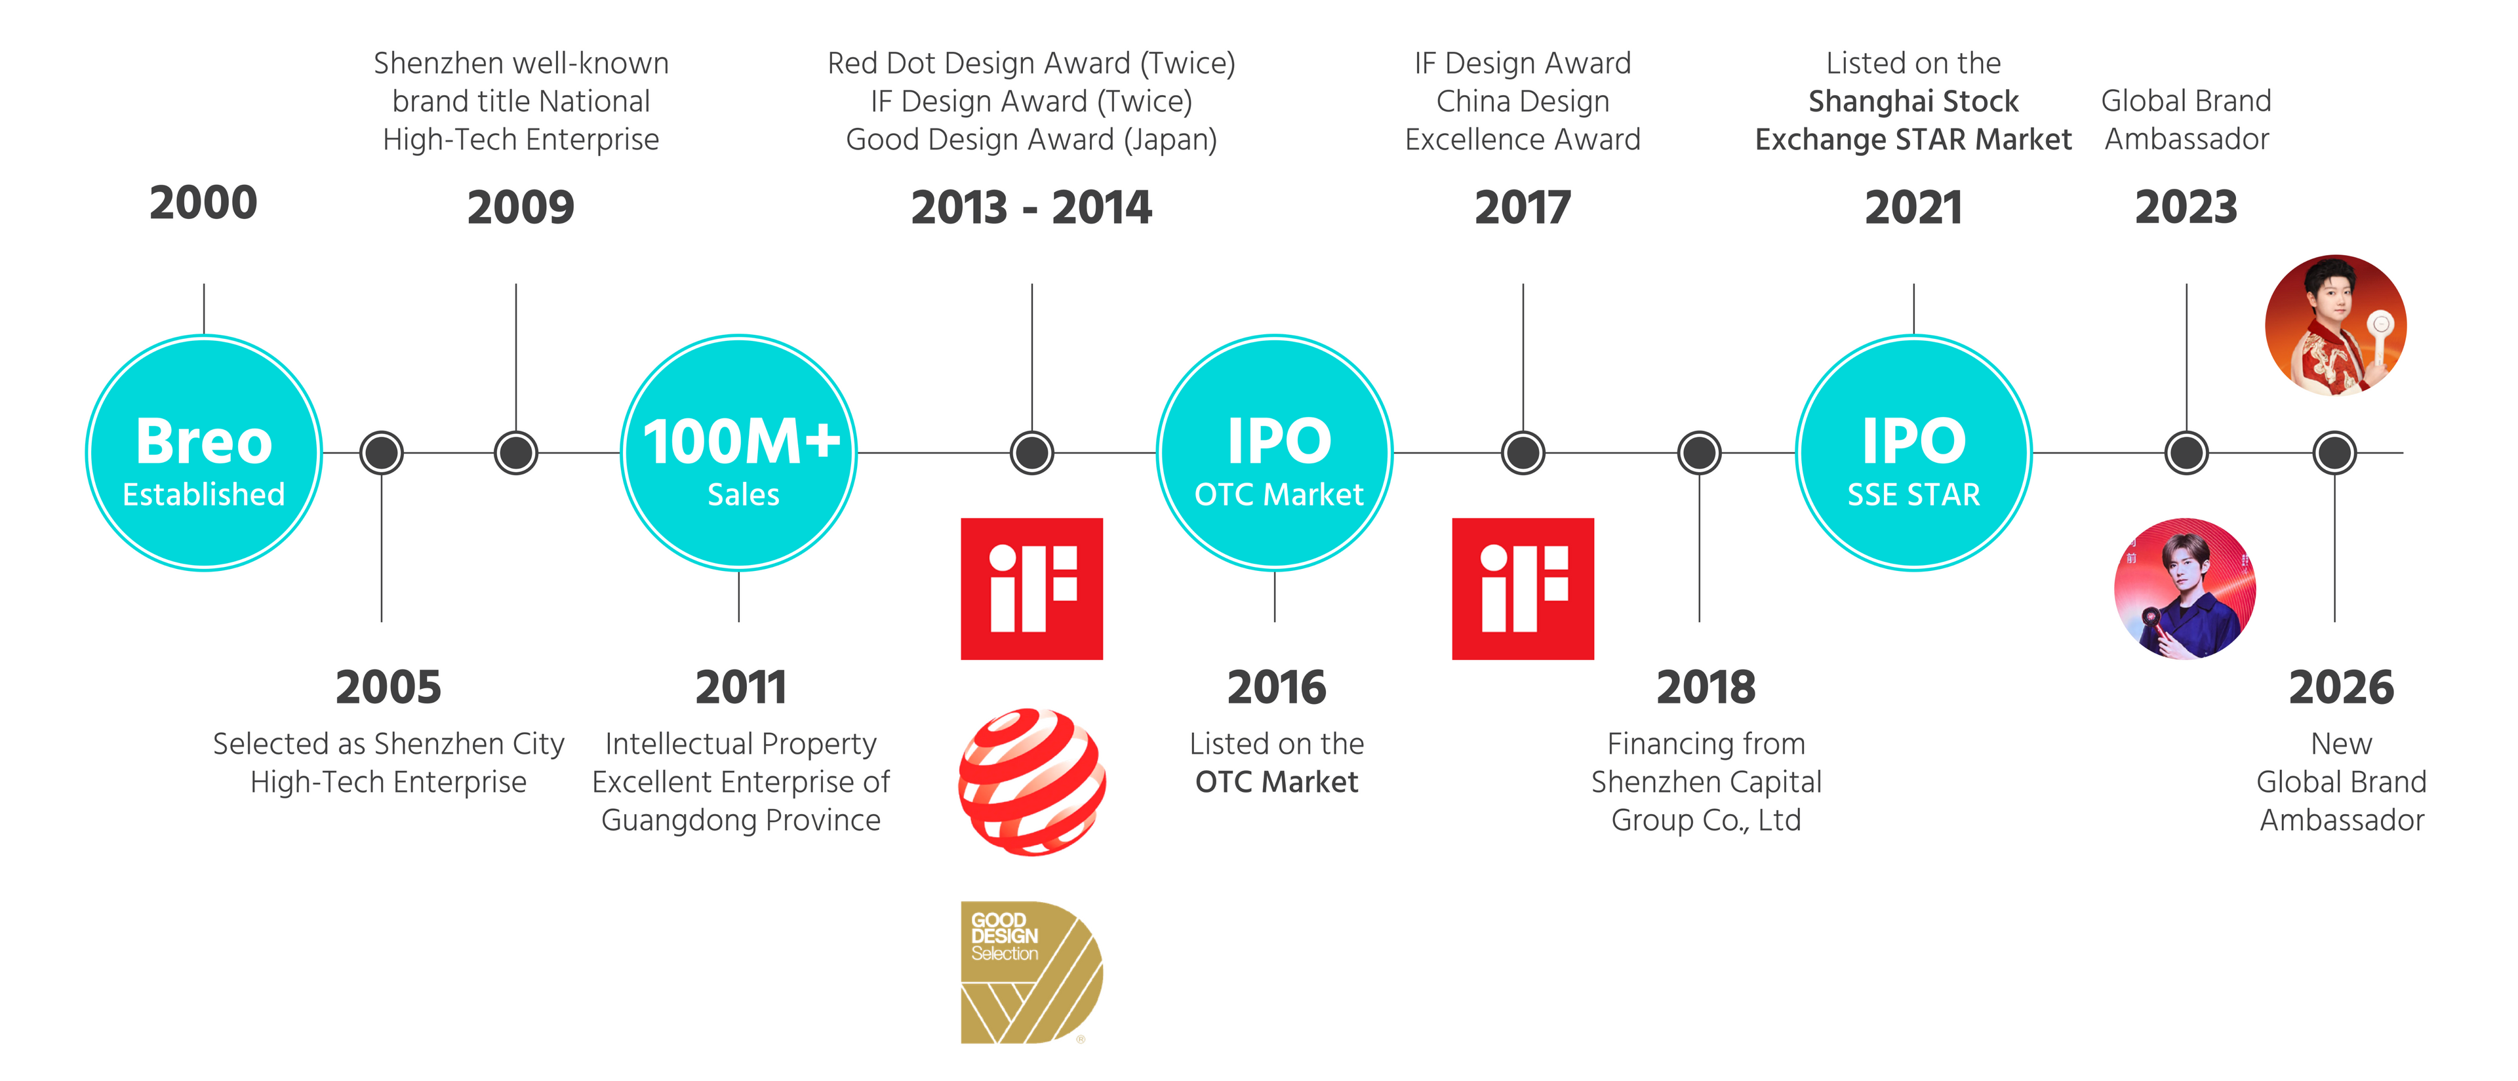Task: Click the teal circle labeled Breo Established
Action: [x=203, y=452]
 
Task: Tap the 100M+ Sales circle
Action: [x=739, y=452]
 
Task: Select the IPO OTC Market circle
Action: [x=1275, y=452]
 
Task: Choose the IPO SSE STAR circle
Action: [x=1914, y=452]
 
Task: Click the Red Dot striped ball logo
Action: [x=1032, y=782]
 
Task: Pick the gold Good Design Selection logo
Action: [x=1032, y=973]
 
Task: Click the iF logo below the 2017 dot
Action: [x=1523, y=589]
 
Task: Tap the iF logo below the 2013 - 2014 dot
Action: [x=1032, y=589]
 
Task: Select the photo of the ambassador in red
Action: [x=2335, y=325]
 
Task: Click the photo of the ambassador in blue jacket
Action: [x=2186, y=589]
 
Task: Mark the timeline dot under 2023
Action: [x=2187, y=452]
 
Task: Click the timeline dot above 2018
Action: [x=1700, y=452]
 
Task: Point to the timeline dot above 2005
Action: [x=381, y=452]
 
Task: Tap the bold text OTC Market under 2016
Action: [x=1277, y=782]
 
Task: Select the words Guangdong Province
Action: [x=741, y=820]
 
